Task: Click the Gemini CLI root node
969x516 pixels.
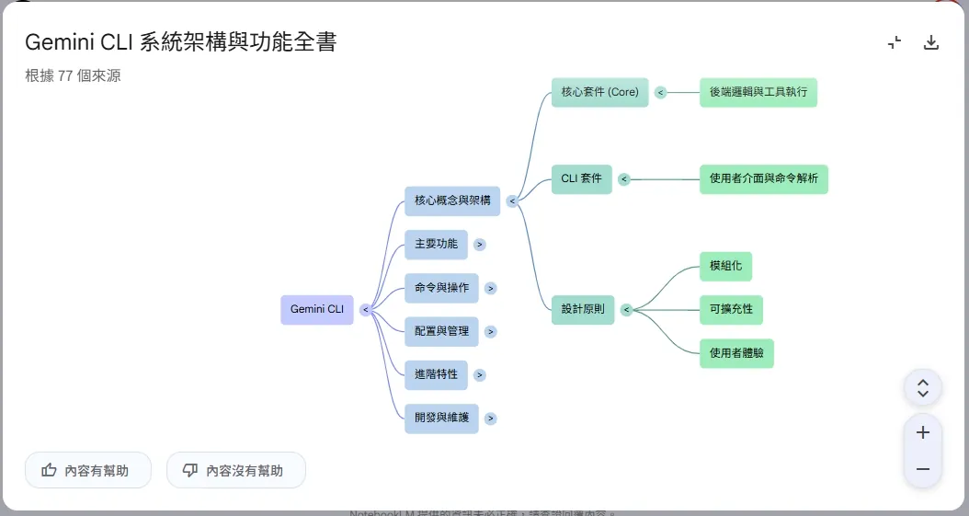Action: click(x=316, y=310)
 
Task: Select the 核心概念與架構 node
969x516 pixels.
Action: click(x=451, y=201)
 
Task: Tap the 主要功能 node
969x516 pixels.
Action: click(x=436, y=245)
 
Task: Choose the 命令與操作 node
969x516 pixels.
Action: click(x=441, y=288)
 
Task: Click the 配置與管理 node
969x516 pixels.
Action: click(x=441, y=331)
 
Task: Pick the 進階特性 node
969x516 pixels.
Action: click(x=436, y=374)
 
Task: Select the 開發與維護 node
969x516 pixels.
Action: click(x=441, y=419)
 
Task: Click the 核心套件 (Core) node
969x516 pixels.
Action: click(x=599, y=92)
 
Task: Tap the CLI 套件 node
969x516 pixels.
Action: click(x=581, y=178)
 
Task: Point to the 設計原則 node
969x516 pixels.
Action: click(x=582, y=310)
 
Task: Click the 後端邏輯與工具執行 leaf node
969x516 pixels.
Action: click(x=758, y=92)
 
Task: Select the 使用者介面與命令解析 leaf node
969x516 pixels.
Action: click(x=763, y=178)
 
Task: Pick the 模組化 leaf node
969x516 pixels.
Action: click(x=725, y=266)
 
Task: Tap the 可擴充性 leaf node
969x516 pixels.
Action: click(x=731, y=310)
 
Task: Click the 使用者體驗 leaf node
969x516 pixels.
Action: click(x=736, y=353)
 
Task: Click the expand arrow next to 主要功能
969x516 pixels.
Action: click(x=480, y=245)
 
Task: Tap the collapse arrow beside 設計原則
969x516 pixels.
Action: click(x=626, y=310)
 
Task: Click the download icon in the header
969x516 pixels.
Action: click(x=931, y=42)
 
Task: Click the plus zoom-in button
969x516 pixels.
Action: click(x=923, y=432)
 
